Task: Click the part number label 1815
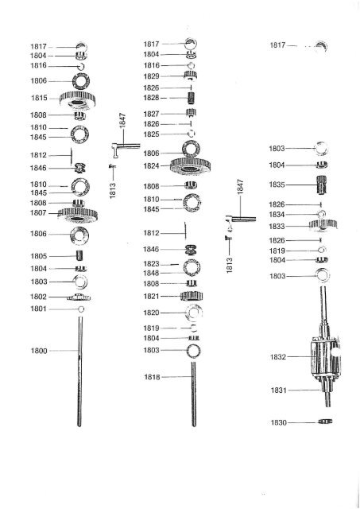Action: pyautogui.click(x=39, y=98)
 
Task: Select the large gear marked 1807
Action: pyautogui.click(x=78, y=216)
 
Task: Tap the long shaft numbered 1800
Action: pyautogui.click(x=79, y=371)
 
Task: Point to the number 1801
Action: pyautogui.click(x=39, y=309)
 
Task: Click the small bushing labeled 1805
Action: pyautogui.click(x=79, y=255)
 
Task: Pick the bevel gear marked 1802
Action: pyautogui.click(x=79, y=297)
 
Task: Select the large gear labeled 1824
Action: pyautogui.click(x=191, y=166)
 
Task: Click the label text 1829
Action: pyautogui.click(x=152, y=76)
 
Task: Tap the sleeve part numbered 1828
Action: pyautogui.click(x=192, y=98)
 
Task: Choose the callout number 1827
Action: pyautogui.click(x=152, y=114)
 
